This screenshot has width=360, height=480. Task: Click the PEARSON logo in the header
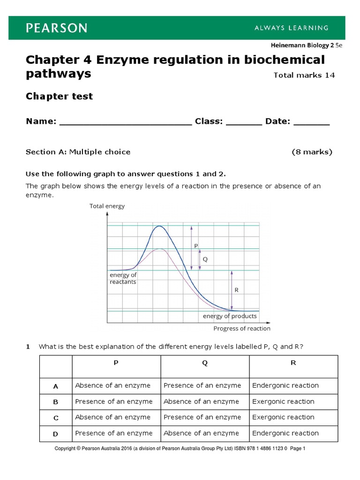coord(56,28)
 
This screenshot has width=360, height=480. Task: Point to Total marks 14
coord(304,75)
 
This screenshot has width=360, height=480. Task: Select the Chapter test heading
coord(59,96)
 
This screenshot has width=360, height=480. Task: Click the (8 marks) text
coord(312,152)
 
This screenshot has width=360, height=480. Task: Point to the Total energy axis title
coord(107,206)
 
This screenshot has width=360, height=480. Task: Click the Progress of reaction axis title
coord(241,329)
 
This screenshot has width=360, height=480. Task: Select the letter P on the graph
coord(195,246)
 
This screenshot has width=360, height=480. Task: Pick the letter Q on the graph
coord(204,259)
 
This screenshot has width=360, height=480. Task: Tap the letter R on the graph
coord(236,290)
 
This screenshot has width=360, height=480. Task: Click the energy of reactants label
coord(123,278)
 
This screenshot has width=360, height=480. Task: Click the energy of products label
coord(230,316)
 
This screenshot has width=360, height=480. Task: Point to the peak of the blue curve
coord(159,226)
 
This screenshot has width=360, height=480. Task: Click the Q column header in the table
coord(205,363)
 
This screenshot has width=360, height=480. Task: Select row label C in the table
coord(56,418)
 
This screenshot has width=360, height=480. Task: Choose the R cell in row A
coord(285,386)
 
